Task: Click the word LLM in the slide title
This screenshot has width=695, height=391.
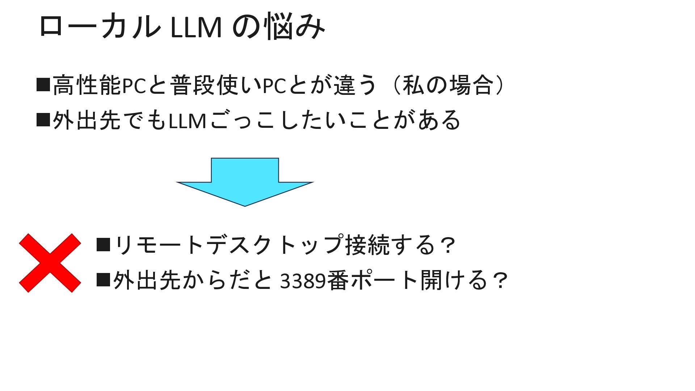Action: click(x=195, y=28)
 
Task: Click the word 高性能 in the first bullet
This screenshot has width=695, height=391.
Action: click(x=87, y=85)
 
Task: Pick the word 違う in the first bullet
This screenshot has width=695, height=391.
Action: click(x=355, y=85)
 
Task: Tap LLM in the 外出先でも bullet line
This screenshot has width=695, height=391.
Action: click(x=188, y=121)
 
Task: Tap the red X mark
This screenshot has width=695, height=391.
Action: click(x=50, y=263)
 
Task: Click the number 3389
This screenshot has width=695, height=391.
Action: click(x=303, y=281)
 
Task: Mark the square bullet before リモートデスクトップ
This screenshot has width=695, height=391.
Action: click(x=103, y=244)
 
